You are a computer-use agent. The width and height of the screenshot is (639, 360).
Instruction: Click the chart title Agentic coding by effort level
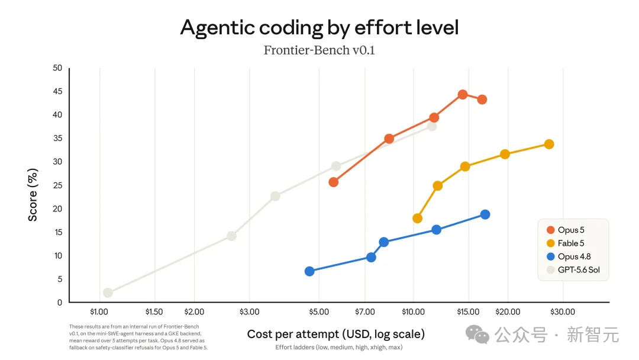319,28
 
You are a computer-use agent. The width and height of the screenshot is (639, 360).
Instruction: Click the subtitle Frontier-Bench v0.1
319,50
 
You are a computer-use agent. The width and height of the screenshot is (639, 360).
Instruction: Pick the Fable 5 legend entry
565,243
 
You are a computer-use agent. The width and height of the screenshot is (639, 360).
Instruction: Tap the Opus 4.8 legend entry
569,256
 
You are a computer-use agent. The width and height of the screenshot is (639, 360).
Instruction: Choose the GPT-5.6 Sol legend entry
573,269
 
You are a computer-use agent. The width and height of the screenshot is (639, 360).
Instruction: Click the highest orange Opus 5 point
463,95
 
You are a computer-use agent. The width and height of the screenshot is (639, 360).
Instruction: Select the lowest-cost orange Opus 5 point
333,182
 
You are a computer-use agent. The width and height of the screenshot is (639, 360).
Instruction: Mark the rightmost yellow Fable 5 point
549,144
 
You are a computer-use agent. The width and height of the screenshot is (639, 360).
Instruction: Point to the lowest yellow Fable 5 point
417,218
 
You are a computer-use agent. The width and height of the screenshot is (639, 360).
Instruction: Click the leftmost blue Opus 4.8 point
309,272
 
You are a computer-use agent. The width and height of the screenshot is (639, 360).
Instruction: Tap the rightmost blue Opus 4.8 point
485,214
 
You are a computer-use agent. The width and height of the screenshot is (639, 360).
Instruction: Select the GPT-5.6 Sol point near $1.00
108,292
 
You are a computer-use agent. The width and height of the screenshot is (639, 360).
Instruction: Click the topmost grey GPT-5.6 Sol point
432,126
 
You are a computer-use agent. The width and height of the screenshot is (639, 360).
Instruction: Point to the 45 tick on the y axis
57,91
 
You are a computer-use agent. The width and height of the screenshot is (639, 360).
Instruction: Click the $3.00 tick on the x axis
250,312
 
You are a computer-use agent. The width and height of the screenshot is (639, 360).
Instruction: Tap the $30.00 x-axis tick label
563,312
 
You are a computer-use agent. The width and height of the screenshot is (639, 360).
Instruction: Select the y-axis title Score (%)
33,195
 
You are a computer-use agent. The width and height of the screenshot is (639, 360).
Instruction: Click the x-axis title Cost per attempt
336,335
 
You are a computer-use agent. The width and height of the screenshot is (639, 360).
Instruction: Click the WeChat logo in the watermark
477,335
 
